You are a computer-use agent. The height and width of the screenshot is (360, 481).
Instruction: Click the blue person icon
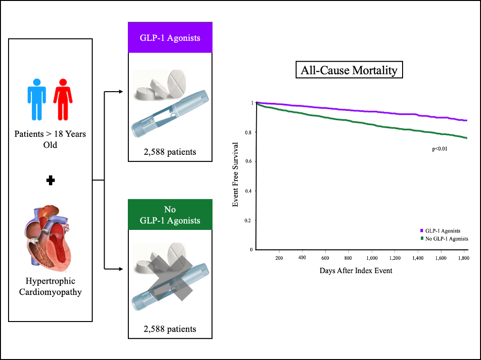36,100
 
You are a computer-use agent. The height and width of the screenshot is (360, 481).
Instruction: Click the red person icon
63,100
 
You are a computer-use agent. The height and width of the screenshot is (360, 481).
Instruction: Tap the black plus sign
50,180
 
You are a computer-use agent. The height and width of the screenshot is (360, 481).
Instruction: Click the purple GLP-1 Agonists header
170,38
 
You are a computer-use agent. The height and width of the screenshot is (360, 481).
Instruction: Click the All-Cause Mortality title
349,71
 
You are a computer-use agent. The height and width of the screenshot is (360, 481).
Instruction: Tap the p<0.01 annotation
440,149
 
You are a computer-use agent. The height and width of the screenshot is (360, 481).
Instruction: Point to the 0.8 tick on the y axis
251,133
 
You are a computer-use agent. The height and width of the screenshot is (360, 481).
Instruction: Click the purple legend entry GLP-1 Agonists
443,231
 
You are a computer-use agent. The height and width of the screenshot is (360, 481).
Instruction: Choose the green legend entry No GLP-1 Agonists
446,238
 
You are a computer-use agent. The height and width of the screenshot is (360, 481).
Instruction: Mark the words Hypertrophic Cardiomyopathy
50,286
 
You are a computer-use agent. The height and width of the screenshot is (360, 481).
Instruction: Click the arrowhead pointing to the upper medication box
125,92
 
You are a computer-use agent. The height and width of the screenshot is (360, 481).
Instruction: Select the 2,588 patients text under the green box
170,329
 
